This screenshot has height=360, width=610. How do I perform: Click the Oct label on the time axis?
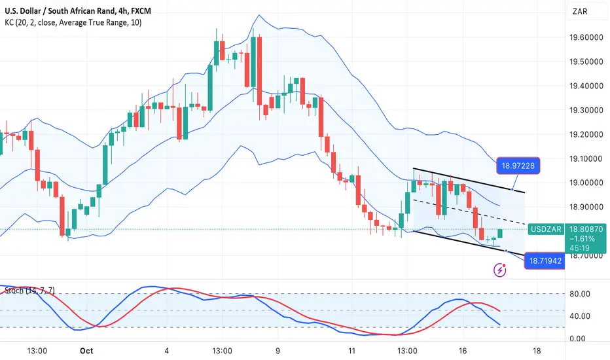pyautogui.click(x=86, y=350)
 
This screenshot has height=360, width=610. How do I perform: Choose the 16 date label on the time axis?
pyautogui.click(x=464, y=350)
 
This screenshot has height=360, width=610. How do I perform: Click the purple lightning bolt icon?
pyautogui.click(x=501, y=269)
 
